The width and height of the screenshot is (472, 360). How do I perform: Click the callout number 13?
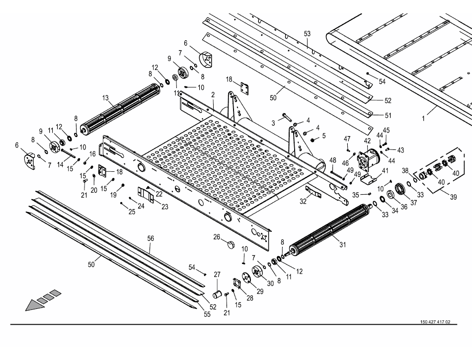tap(105, 98)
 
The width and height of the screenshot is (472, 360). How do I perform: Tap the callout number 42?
tap(368, 141)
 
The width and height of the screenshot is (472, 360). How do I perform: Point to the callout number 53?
tap(307, 34)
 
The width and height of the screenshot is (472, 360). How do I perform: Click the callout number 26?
tap(217, 237)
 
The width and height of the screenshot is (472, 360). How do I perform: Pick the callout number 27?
tap(217, 274)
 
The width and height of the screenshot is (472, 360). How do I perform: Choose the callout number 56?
tap(151, 238)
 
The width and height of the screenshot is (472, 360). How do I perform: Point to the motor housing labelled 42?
tap(368, 158)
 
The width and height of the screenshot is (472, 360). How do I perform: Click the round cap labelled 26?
tap(230, 245)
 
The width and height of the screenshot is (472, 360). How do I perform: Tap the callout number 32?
tap(303, 201)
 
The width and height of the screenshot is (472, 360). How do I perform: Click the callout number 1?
tap(423, 119)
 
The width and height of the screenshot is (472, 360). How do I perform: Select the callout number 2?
tap(213, 94)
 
